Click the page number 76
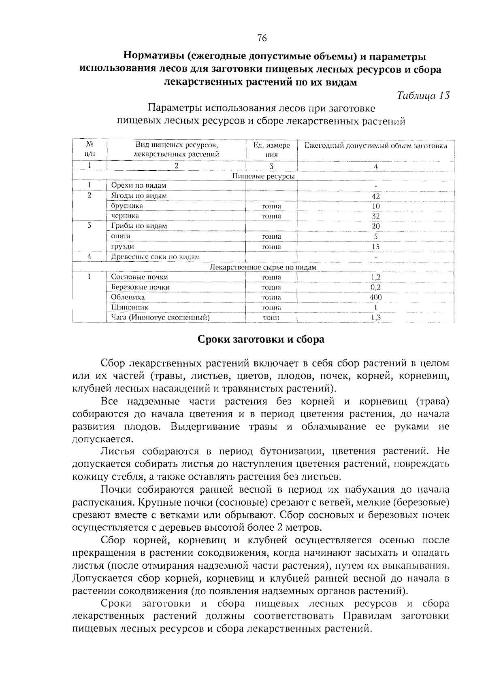262,38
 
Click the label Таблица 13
423,95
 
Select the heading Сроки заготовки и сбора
261,339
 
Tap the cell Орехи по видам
139,186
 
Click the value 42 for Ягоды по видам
375,196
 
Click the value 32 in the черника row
375,216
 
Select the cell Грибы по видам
139,226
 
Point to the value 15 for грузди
375,247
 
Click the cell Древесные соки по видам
156,257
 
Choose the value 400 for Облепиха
375,297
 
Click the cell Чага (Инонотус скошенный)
160,318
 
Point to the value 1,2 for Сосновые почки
375,277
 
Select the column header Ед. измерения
271,150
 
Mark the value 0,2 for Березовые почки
375,287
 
